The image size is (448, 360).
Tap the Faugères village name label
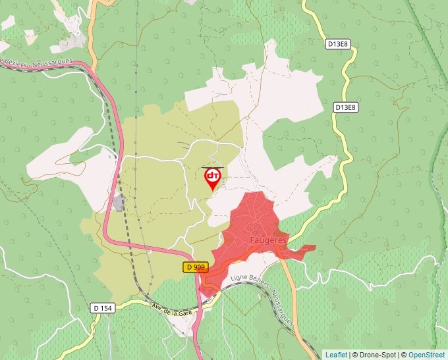[268, 240]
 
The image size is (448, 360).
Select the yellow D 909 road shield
[196, 267]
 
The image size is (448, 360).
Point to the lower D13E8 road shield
[345, 107]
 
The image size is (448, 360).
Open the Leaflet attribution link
[336, 355]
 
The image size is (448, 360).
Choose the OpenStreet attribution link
[428, 355]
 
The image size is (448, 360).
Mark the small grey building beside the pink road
[119, 203]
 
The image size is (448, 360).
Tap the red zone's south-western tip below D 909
[207, 290]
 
